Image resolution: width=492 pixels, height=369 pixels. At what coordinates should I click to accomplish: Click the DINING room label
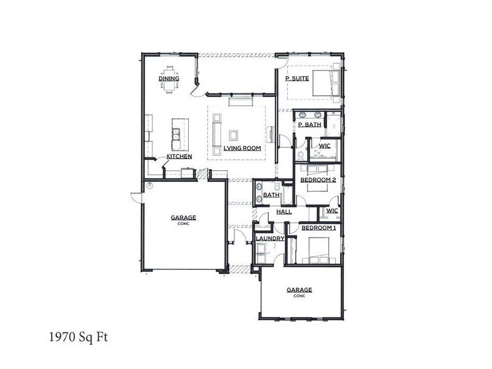click(x=169, y=79)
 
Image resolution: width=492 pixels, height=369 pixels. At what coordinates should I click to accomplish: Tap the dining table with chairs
click(x=170, y=80)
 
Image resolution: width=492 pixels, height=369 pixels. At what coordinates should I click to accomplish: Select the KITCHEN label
click(x=179, y=156)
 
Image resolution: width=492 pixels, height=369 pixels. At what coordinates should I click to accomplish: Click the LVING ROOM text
click(x=242, y=148)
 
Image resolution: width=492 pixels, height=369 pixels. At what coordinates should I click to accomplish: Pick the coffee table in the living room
click(x=233, y=135)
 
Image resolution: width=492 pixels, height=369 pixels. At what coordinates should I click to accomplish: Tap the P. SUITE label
click(x=297, y=79)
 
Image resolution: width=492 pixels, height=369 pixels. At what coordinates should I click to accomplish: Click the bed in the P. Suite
click(x=327, y=83)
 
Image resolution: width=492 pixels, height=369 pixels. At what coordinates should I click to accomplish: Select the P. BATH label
click(x=310, y=125)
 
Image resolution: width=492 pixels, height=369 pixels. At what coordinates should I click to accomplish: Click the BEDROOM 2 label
click(x=318, y=180)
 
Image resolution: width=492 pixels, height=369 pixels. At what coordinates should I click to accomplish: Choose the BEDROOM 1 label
click(x=319, y=228)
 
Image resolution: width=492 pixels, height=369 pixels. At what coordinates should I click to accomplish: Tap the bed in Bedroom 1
click(x=319, y=250)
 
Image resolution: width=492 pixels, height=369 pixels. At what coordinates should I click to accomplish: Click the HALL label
click(x=284, y=212)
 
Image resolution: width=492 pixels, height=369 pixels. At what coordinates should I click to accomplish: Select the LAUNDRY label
click(x=270, y=239)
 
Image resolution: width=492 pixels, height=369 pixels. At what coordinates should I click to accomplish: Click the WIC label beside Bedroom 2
click(x=332, y=210)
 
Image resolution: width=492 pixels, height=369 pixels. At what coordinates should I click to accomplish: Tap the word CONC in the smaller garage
click(x=300, y=296)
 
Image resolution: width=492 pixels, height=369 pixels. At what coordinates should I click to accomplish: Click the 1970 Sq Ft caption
click(x=79, y=337)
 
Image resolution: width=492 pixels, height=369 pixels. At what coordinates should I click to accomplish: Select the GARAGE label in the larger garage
click(x=183, y=218)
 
